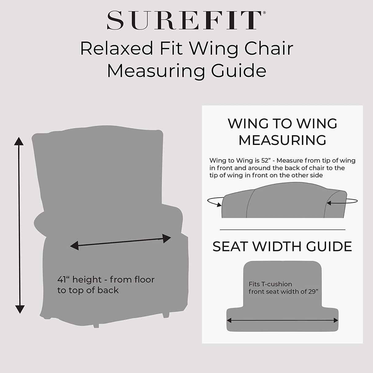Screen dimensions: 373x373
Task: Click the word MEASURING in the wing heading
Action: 282,140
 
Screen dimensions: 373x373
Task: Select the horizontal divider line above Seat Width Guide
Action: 282,230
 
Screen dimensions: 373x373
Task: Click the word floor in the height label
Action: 140,280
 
